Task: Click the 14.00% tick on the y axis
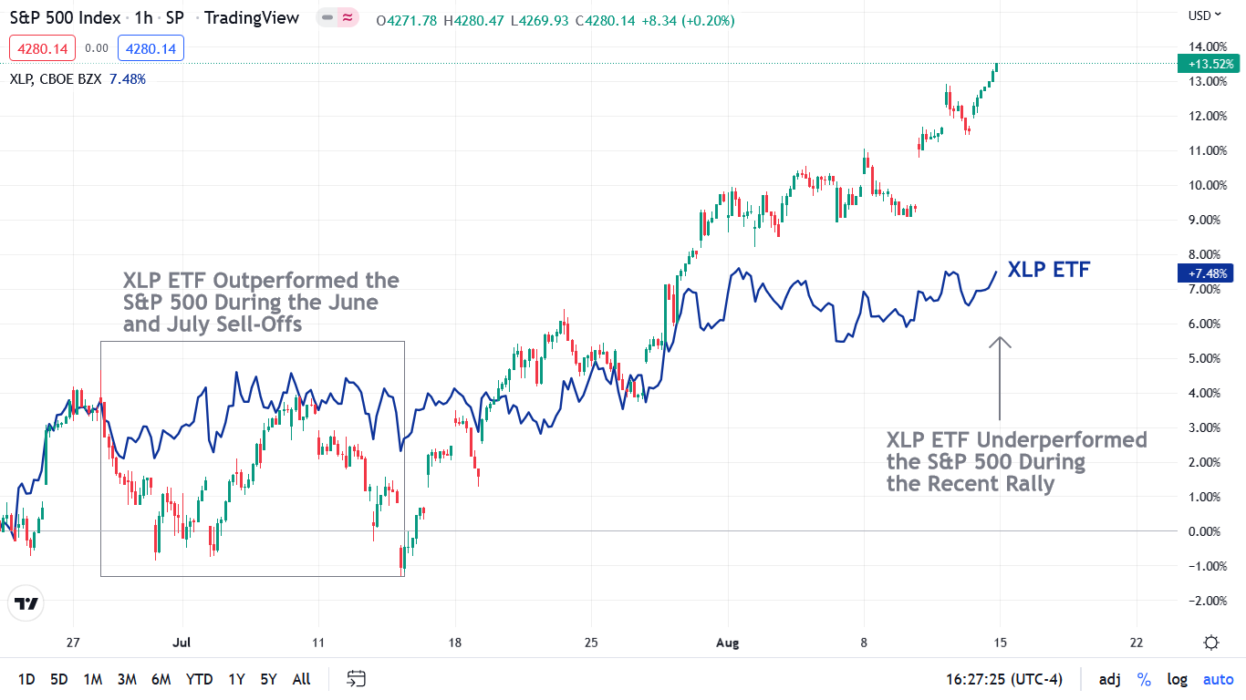pyautogui.click(x=1207, y=46)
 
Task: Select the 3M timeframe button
pyautogui.click(x=127, y=679)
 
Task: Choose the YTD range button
pyautogui.click(x=199, y=679)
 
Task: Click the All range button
pyautogui.click(x=301, y=679)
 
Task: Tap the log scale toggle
pyautogui.click(x=1177, y=679)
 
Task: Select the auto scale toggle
pyautogui.click(x=1218, y=679)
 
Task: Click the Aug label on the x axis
pyautogui.click(x=727, y=642)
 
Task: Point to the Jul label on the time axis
pyautogui.click(x=182, y=642)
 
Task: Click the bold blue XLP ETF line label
pyautogui.click(x=1049, y=270)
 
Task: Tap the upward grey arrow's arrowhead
pyautogui.click(x=1000, y=342)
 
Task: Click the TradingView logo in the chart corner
pyautogui.click(x=26, y=603)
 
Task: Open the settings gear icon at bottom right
pyautogui.click(x=1211, y=643)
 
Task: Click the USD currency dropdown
pyautogui.click(x=1204, y=15)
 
